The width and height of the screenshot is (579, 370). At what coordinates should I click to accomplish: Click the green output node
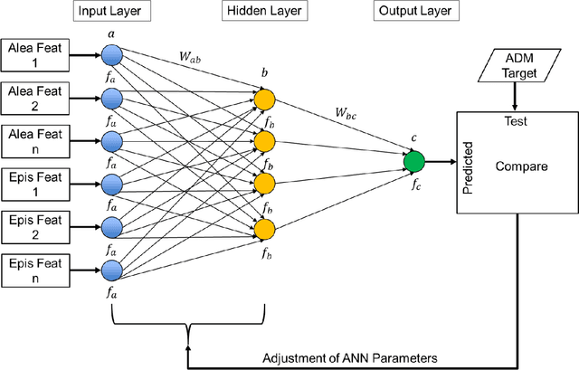413,162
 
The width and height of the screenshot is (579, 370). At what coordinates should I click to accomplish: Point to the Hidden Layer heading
263,11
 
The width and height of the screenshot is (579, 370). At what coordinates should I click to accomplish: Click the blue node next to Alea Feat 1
110,55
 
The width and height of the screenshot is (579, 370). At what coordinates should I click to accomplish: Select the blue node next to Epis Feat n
110,269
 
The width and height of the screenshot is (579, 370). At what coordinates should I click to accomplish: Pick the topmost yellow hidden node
264,98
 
